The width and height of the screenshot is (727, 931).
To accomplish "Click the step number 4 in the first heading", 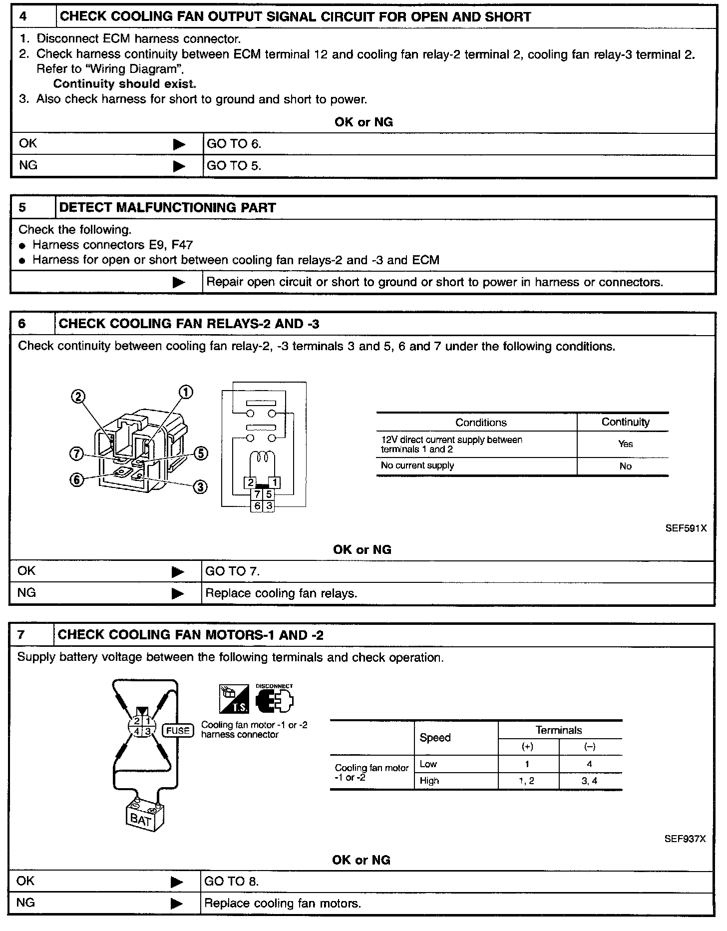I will click(x=23, y=16).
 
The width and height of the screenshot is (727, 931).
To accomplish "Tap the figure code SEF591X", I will click(x=686, y=528).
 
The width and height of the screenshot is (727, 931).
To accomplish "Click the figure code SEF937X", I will click(x=685, y=839).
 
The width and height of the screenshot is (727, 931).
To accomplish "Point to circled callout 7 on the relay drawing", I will click(x=76, y=454).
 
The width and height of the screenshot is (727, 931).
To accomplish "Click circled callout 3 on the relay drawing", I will click(x=200, y=487).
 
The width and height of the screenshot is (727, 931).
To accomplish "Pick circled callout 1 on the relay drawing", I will click(x=186, y=393).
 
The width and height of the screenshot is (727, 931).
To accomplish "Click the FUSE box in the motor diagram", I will click(x=178, y=731).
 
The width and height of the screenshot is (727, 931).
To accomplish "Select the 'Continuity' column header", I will click(x=625, y=422).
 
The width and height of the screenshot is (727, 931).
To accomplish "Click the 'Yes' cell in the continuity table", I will click(x=625, y=444).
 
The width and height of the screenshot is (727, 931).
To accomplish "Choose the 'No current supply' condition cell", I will click(x=417, y=465).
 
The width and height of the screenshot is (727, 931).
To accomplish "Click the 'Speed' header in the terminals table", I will click(x=435, y=738).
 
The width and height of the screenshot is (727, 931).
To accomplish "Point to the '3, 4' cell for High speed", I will click(x=589, y=781).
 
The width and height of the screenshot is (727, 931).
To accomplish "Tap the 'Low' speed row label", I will click(x=428, y=764).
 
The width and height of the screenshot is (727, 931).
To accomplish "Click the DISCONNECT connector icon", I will click(x=274, y=699).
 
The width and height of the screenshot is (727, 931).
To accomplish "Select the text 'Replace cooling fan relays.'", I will click(x=281, y=593).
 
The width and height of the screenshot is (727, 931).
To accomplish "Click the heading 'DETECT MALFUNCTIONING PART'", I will click(x=167, y=208).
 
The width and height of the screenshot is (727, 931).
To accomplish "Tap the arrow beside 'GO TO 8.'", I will click(x=177, y=883).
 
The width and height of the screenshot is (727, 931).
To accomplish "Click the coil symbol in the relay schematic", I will click(x=263, y=458).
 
